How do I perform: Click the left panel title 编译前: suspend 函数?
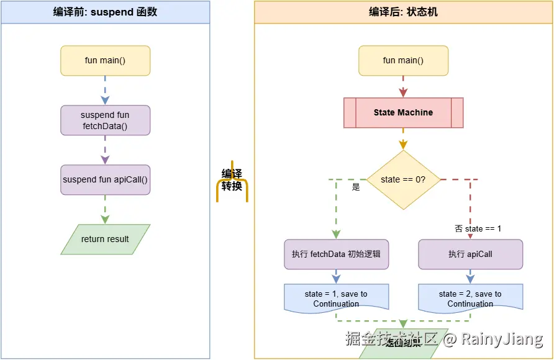tap(105, 12)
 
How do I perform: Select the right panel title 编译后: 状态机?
tap(403, 12)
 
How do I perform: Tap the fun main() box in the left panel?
tap(105, 61)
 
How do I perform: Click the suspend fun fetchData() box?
tap(105, 120)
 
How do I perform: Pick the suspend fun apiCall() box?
tap(105, 180)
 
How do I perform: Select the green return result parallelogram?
tap(105, 239)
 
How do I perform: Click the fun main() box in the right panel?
tap(403, 61)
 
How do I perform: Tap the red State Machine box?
tap(403, 113)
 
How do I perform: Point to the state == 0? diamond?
tap(403, 179)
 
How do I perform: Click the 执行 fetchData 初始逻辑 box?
tap(336, 254)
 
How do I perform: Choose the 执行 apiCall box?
tap(470, 254)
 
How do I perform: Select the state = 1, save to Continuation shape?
tap(336, 298)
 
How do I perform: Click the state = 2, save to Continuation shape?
tap(470, 298)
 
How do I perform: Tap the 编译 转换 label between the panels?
tap(232, 180)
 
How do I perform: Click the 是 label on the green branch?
tap(356, 187)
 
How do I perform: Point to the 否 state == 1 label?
tap(478, 228)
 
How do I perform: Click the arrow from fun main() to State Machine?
tap(403, 86)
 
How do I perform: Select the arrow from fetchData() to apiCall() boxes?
tap(105, 150)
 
